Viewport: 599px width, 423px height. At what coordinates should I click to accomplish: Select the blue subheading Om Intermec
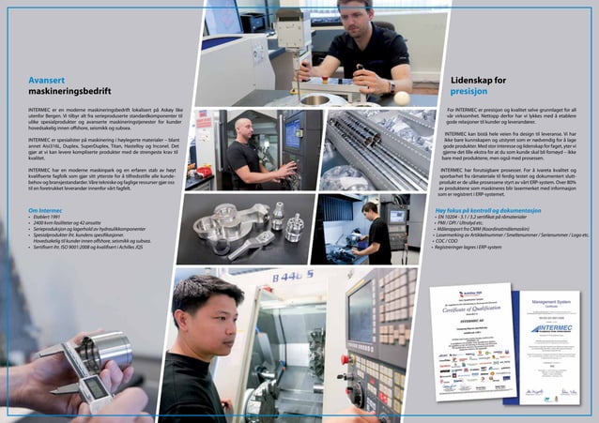point(48,210)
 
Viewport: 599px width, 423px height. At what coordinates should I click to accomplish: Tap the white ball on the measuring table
point(402,98)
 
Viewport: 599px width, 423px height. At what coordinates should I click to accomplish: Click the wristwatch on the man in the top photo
point(390,86)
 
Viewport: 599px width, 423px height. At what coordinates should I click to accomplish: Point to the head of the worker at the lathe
point(369,208)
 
